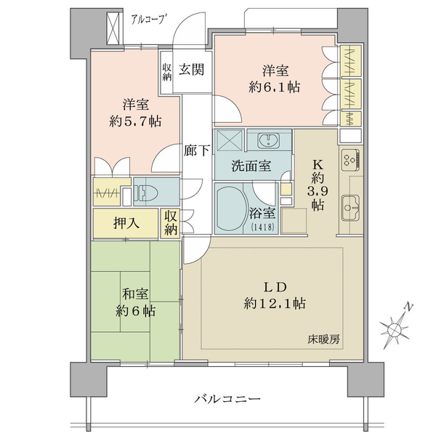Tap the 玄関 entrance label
pos(191,70)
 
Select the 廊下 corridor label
pos(197,150)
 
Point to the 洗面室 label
pos(251,166)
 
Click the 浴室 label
pos(262,213)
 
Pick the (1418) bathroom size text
pos(263,227)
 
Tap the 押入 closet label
pos(126,222)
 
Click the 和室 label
pos(135,294)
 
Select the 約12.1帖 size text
pos(275,303)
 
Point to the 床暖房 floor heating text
pos(323,339)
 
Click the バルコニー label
pos(227,399)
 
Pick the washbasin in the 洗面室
pos(269,140)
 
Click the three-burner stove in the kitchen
pos(350,160)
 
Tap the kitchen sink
pos(350,208)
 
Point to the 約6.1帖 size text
pos(275,88)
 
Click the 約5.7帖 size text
pos(135,121)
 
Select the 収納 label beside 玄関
pos(167,72)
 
